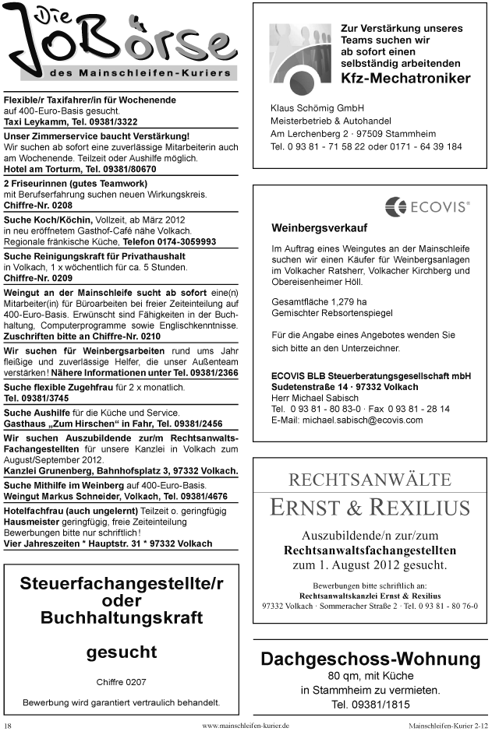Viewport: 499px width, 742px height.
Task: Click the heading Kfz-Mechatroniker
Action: [x=405, y=79]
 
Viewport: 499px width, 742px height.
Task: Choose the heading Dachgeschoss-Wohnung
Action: [x=370, y=659]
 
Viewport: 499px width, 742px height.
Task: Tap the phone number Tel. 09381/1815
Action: [x=370, y=705]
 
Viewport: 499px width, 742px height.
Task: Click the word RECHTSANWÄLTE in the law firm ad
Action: [x=370, y=479]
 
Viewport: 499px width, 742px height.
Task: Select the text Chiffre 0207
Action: [x=121, y=682]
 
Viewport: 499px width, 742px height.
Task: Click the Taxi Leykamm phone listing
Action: [x=71, y=122]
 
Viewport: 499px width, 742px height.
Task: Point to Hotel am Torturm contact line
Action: [x=80, y=169]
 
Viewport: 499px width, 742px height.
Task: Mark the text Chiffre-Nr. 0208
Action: [x=38, y=206]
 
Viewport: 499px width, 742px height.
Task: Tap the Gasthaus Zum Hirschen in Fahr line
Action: [x=113, y=424]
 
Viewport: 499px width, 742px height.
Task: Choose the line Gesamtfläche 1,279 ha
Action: [x=319, y=301]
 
